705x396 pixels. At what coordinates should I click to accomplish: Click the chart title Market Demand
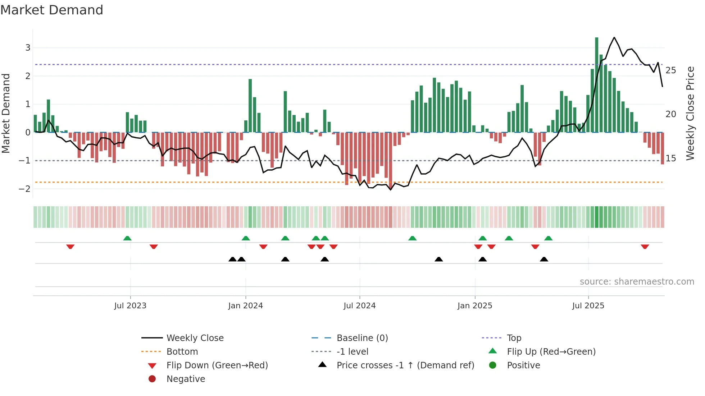(52, 10)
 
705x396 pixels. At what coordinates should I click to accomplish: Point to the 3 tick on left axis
(28, 48)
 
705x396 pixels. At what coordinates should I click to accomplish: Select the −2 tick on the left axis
(25, 189)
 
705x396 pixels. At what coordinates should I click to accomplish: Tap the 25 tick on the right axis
(670, 70)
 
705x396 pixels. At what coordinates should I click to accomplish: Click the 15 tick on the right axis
(670, 158)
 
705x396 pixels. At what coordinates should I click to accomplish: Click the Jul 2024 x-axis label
(359, 306)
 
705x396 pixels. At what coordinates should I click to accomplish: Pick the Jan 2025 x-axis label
(474, 306)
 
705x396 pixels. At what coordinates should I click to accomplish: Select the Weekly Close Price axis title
(690, 113)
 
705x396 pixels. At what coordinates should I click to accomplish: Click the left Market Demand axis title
(6, 113)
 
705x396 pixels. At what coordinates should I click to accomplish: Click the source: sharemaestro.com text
(637, 282)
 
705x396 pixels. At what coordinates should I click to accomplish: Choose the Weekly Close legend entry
(195, 338)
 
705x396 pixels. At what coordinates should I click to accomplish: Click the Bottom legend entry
(182, 352)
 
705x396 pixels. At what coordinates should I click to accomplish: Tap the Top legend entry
(514, 338)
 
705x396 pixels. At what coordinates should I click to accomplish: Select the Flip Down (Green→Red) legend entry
(217, 365)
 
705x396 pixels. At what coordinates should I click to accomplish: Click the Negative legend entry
(186, 379)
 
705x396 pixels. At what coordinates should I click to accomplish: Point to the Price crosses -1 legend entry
(405, 365)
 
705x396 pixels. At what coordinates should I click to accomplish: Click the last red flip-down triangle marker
(645, 247)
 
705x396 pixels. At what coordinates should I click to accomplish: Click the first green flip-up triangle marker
(127, 238)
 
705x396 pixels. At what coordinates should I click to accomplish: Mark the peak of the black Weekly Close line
(614, 37)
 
